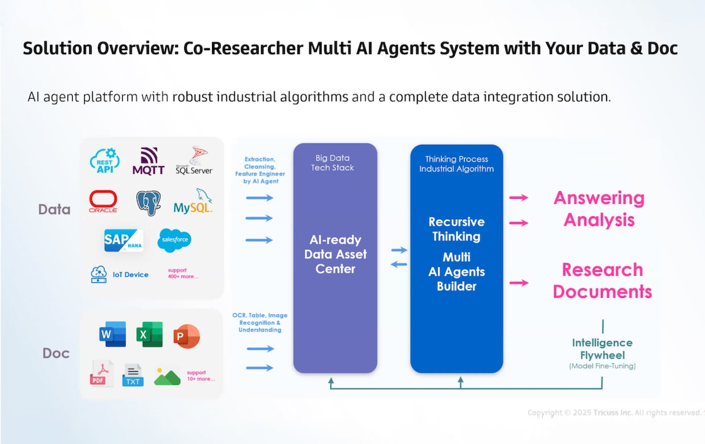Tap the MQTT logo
148,161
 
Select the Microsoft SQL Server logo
194,161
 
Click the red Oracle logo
103,202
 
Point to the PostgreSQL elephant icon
148,203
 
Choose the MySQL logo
193,202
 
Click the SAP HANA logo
123,241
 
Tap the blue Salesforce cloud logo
174,240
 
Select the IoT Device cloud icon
99,274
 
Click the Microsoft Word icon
113,334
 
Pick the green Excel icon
149,334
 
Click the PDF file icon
101,373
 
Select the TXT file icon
133,375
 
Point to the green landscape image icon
167,376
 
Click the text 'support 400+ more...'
183,274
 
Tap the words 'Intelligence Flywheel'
602,348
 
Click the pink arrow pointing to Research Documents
519,282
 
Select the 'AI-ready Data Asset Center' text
335,254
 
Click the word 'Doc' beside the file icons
56,353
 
